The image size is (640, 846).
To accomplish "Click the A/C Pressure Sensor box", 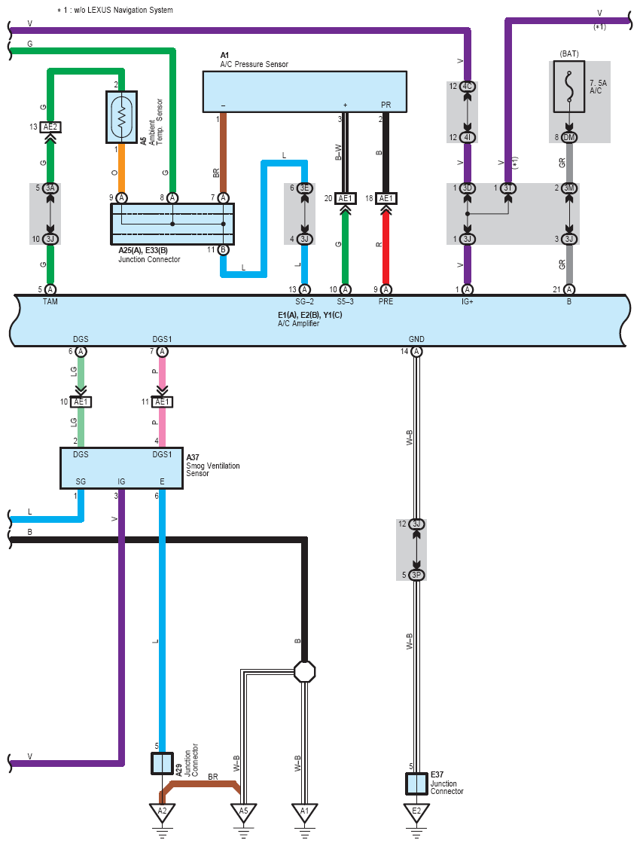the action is pos(305,91).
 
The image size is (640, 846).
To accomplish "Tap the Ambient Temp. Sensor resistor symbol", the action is pos(121,117).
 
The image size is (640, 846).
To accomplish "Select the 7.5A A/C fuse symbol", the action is pos(568,87).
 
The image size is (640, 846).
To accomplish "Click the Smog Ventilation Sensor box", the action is pos(121,468).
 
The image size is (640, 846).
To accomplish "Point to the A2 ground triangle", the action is pos(163,812).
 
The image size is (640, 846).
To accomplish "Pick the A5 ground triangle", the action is pos(244,812).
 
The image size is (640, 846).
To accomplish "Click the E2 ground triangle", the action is pos(416,812).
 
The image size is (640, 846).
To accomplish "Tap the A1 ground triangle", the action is pos(305,812).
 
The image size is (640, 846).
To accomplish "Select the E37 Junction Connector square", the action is pos(416,783).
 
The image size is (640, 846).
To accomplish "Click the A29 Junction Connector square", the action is pos(163,763).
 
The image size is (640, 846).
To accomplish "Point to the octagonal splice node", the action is pos(304,672).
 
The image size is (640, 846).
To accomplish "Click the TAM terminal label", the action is pos(50,301).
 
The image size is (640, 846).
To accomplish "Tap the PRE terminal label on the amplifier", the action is pos(386,301).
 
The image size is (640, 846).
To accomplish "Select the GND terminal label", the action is pos(416,339).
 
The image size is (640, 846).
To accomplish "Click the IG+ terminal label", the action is pos(468,301).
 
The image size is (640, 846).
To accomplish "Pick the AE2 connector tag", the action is pos(50,127).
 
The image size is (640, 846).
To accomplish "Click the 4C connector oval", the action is pos(468,87).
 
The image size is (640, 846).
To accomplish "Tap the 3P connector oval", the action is pos(416,575).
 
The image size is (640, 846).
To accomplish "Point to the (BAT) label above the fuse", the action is pos(569,53).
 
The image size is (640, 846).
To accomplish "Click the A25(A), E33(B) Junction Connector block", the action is pos(172,224).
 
